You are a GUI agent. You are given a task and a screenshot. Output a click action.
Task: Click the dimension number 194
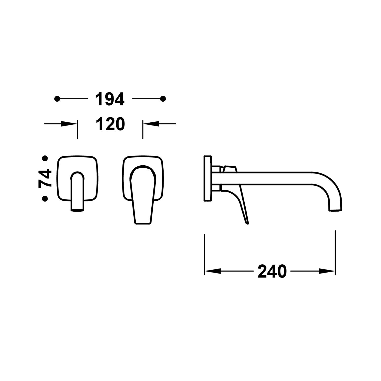coord(110,99)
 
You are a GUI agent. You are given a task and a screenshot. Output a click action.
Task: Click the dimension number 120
coord(110,124)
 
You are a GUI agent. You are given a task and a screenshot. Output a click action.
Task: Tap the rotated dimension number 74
coord(45,178)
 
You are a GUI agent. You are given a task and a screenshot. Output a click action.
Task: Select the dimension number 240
coord(272,271)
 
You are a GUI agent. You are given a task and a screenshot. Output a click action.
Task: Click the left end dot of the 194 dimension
coord(57,99)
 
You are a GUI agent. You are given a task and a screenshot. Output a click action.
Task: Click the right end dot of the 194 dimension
coord(163,99)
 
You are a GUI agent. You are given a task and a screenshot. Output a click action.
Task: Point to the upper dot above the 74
coord(45,158)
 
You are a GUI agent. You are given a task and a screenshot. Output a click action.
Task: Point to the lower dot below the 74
coord(45,198)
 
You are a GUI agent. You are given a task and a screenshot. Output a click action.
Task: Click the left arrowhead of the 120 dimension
coord(69,124)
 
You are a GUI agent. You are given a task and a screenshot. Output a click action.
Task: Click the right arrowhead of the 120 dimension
coord(151,124)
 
